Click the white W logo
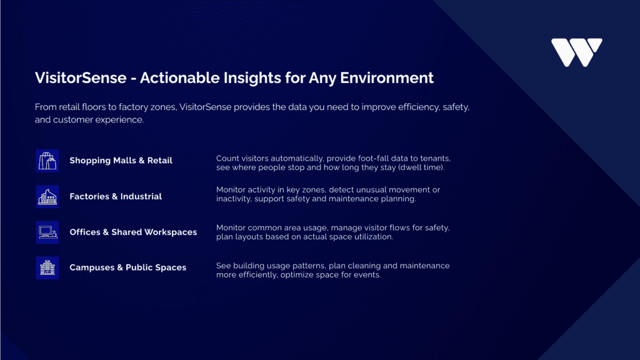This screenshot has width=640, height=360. coord(576,52)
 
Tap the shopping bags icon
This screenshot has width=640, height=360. coord(47,161)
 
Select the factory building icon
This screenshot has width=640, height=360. coord(47,197)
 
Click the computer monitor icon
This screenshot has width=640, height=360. coord(47,232)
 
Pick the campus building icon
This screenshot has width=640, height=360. coord(47,267)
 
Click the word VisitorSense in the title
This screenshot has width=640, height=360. coord(81,78)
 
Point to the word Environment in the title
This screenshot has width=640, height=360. coord(386,78)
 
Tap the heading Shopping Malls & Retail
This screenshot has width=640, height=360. coord(121,161)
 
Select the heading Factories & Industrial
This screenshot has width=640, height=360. coord(116,196)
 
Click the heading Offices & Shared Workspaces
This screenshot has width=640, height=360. coord(133,232)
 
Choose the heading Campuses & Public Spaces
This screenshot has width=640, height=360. coord(127,267)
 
